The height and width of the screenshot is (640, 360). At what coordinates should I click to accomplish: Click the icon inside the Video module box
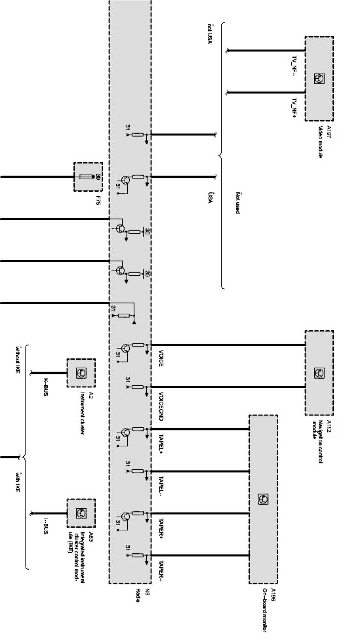click(319, 78)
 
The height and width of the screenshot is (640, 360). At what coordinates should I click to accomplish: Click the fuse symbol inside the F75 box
click(87, 176)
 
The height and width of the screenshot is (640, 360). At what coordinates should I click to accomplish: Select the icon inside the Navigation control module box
click(319, 373)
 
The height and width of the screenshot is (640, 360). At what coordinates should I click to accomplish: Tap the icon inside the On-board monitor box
click(263, 499)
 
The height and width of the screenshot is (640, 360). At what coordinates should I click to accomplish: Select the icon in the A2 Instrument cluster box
click(81, 373)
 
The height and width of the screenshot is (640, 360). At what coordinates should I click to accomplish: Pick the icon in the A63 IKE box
click(81, 513)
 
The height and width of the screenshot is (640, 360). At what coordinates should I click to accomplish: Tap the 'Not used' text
click(237, 203)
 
